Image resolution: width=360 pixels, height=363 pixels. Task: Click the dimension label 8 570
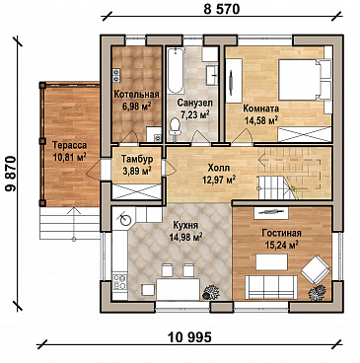[x=222, y=9]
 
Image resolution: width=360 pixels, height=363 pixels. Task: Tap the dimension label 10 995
[x=189, y=337]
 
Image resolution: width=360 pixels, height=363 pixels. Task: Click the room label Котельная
[x=136, y=95]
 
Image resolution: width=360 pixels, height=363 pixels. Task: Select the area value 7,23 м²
[x=195, y=114]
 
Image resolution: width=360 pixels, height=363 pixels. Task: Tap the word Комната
[x=260, y=109]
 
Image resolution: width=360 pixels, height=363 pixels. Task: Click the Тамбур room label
[x=137, y=159]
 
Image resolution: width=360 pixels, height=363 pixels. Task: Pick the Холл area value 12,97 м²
[x=219, y=180]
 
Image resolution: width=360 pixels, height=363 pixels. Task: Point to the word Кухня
[x=185, y=225]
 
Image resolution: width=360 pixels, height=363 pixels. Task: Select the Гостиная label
[x=281, y=233]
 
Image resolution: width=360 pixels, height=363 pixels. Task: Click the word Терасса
[x=69, y=145]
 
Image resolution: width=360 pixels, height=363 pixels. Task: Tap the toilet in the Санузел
[x=175, y=127]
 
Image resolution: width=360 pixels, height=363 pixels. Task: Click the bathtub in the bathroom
[x=176, y=71]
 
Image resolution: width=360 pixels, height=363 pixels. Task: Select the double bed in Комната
[x=305, y=80]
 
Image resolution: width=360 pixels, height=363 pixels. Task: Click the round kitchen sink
[x=125, y=220]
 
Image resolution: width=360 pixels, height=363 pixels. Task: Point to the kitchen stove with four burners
[x=119, y=282]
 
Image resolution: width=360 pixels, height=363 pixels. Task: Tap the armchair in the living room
[x=316, y=269]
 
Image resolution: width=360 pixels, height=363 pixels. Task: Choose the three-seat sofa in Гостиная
[x=271, y=287]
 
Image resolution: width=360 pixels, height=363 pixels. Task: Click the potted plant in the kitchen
[x=211, y=292]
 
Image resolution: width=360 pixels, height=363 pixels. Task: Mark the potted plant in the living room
[x=318, y=293]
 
